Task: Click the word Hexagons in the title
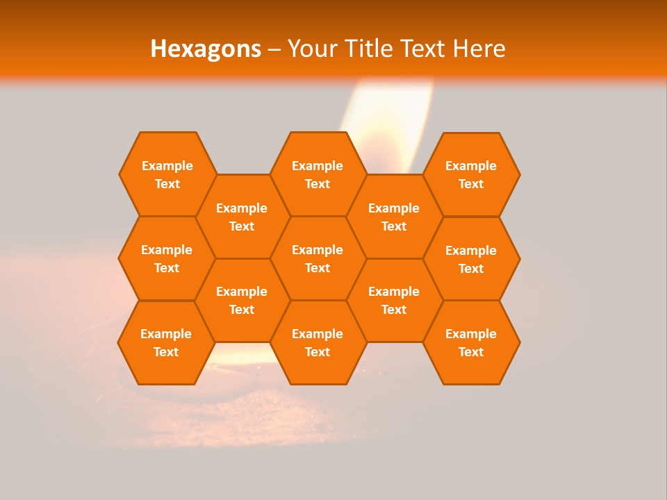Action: click(206, 49)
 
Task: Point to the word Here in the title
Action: click(479, 49)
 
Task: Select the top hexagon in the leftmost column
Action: click(167, 174)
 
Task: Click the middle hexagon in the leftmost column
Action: click(167, 258)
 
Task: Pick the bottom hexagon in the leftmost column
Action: click(166, 342)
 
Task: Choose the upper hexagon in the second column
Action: click(242, 217)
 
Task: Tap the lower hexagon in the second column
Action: click(242, 300)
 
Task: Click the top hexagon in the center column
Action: click(318, 174)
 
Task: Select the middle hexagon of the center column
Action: click(318, 258)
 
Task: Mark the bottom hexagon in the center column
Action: click(318, 342)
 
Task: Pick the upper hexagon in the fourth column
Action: click(394, 217)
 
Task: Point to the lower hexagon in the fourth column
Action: click(394, 300)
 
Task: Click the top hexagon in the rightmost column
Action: click(471, 174)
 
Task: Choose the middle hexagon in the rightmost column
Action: click(471, 259)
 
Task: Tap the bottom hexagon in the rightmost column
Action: click(471, 342)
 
